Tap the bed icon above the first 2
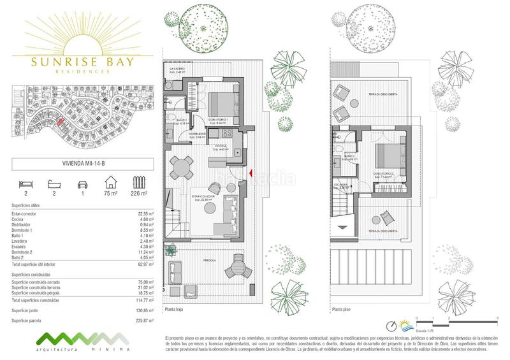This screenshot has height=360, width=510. pos(25,181)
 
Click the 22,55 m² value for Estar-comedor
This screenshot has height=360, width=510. pos(147,214)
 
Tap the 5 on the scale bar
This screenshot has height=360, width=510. pos(497,317)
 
